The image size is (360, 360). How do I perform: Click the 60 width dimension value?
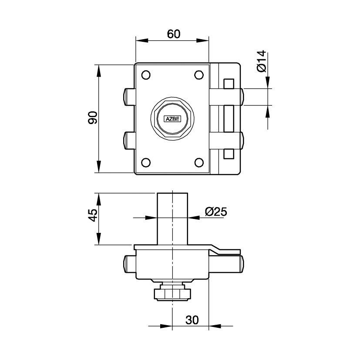(x=174, y=34)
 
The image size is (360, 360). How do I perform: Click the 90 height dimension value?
(x=93, y=118)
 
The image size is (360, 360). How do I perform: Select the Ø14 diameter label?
(x=261, y=61)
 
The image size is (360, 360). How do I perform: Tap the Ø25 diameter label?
(x=216, y=212)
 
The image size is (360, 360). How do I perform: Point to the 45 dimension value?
(x=93, y=215)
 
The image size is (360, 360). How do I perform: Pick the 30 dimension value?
(x=192, y=320)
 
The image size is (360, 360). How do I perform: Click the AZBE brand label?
(x=172, y=119)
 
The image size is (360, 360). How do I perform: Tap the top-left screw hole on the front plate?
(x=146, y=75)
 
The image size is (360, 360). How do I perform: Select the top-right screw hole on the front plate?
(x=199, y=75)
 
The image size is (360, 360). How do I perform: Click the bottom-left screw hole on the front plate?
(x=146, y=162)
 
